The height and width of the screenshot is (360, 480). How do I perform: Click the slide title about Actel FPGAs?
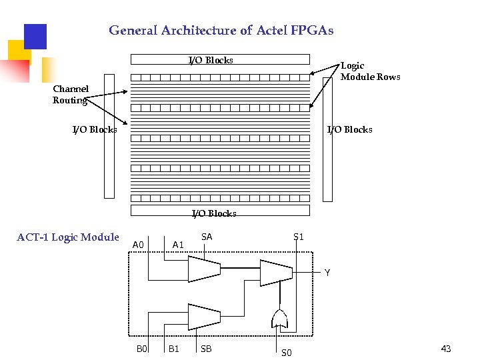(221, 31)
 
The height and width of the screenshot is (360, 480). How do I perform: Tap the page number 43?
(446, 349)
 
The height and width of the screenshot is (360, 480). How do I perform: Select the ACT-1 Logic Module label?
(68, 237)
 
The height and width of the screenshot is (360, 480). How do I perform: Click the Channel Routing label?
(71, 95)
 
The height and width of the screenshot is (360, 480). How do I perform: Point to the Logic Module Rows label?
(370, 71)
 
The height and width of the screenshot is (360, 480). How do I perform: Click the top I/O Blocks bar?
(220, 59)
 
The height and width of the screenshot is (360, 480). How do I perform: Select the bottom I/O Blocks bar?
(220, 211)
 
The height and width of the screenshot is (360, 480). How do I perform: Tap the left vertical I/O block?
(109, 160)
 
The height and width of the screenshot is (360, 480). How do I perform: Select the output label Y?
(327, 273)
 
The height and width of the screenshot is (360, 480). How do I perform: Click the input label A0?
(138, 245)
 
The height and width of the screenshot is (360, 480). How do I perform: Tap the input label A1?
(178, 245)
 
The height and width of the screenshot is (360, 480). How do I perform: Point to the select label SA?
(207, 237)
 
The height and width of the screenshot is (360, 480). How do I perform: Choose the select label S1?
(299, 237)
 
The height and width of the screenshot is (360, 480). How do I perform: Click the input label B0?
(141, 349)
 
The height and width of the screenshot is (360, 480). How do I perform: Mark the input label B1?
(173, 349)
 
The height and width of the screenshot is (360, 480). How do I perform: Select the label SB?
(206, 349)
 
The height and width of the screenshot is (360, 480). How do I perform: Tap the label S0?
(286, 353)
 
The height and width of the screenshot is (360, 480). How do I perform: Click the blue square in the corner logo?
(35, 37)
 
